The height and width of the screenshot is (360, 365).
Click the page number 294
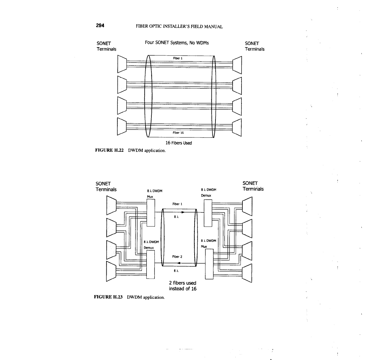[x=100, y=26]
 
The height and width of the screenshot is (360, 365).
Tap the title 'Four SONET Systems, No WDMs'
[x=177, y=43]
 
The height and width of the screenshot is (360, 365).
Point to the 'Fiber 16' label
[x=178, y=133]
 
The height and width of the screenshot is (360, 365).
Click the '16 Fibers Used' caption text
[x=179, y=143]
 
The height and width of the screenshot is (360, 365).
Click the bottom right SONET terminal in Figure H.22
[x=237, y=127]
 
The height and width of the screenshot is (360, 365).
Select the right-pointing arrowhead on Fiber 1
[x=183, y=212]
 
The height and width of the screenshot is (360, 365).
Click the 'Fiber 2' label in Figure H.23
[x=177, y=257]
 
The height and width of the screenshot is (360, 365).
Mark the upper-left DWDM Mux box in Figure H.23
[x=151, y=212]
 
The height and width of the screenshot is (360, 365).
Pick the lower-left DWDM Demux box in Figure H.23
[x=150, y=264]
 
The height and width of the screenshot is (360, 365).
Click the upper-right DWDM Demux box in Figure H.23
[x=208, y=212]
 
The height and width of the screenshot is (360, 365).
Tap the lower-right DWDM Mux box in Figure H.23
[x=209, y=264]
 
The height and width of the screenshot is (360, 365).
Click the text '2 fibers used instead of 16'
[x=183, y=286]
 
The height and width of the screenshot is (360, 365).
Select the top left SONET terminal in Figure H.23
[x=111, y=204]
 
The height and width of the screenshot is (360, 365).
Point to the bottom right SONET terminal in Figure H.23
[x=247, y=273]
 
